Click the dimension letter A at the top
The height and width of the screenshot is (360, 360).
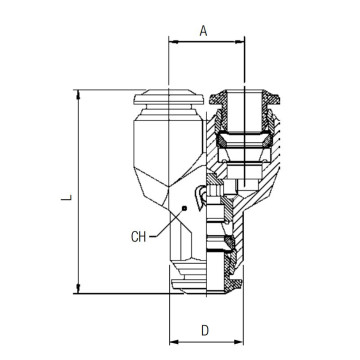tap(203, 31)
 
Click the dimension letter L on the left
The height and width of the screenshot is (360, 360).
tap(65, 198)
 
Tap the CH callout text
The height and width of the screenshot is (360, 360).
tap(142, 237)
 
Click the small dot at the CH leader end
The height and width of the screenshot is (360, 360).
tap(185, 209)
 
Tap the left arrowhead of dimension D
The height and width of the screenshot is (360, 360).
tap(172, 343)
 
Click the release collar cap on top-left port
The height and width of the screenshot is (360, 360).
tap(156, 100)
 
